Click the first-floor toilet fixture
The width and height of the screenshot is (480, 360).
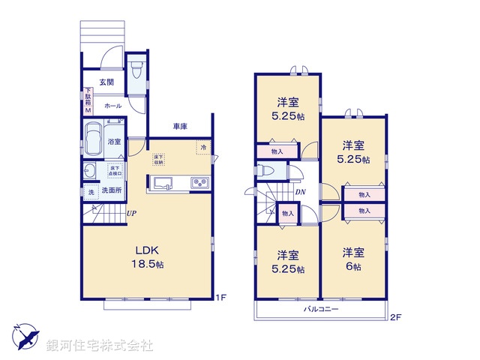click(x=136, y=71)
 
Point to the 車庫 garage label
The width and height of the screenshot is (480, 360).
click(x=180, y=125)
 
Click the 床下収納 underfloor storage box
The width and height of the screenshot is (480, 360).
click(x=159, y=159)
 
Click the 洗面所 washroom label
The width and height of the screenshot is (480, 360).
click(x=111, y=190)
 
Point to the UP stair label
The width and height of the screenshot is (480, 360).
click(x=131, y=214)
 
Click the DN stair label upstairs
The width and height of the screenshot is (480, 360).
click(x=299, y=193)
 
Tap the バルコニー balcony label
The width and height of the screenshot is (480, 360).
click(x=321, y=309)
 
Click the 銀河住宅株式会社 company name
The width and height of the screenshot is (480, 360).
click(x=100, y=345)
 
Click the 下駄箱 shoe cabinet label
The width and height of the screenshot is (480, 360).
click(x=87, y=100)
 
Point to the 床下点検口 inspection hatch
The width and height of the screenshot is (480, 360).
click(x=115, y=171)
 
